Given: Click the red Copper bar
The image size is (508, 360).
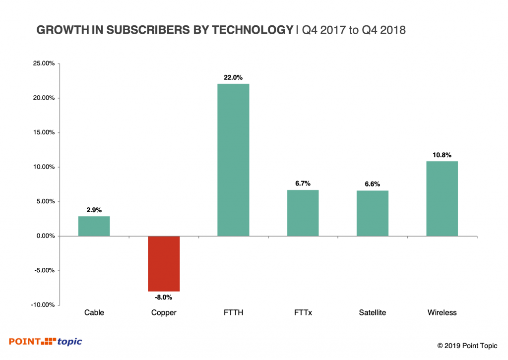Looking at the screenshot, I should pyautogui.click(x=164, y=263).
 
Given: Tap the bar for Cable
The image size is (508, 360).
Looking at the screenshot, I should pyautogui.click(x=94, y=226).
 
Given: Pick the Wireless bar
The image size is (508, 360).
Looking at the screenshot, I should pyautogui.click(x=442, y=198).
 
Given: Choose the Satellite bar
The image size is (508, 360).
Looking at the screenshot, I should pyautogui.click(x=373, y=213).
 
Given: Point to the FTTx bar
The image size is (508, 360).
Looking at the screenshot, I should pyautogui.click(x=303, y=213).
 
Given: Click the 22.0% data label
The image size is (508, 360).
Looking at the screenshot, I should pyautogui.click(x=233, y=77).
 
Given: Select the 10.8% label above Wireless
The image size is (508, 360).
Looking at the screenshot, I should pyautogui.click(x=442, y=155).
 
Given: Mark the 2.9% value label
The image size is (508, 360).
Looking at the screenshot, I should pyautogui.click(x=94, y=210).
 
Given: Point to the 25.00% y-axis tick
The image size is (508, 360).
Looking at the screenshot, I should pyautogui.click(x=43, y=63).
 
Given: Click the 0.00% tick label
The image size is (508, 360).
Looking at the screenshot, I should pyautogui.click(x=45, y=236).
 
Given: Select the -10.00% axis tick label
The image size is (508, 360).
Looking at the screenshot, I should pyautogui.click(x=42, y=305).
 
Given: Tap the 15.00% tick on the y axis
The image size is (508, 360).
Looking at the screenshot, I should pyautogui.click(x=43, y=132).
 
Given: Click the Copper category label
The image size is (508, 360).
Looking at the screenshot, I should pyautogui.click(x=163, y=313).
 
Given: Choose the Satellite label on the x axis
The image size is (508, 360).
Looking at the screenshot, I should pyautogui.click(x=373, y=313).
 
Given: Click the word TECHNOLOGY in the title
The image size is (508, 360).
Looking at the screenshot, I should pyautogui.click(x=253, y=30).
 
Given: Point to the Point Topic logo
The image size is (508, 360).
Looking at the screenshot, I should pyautogui.click(x=46, y=341).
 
